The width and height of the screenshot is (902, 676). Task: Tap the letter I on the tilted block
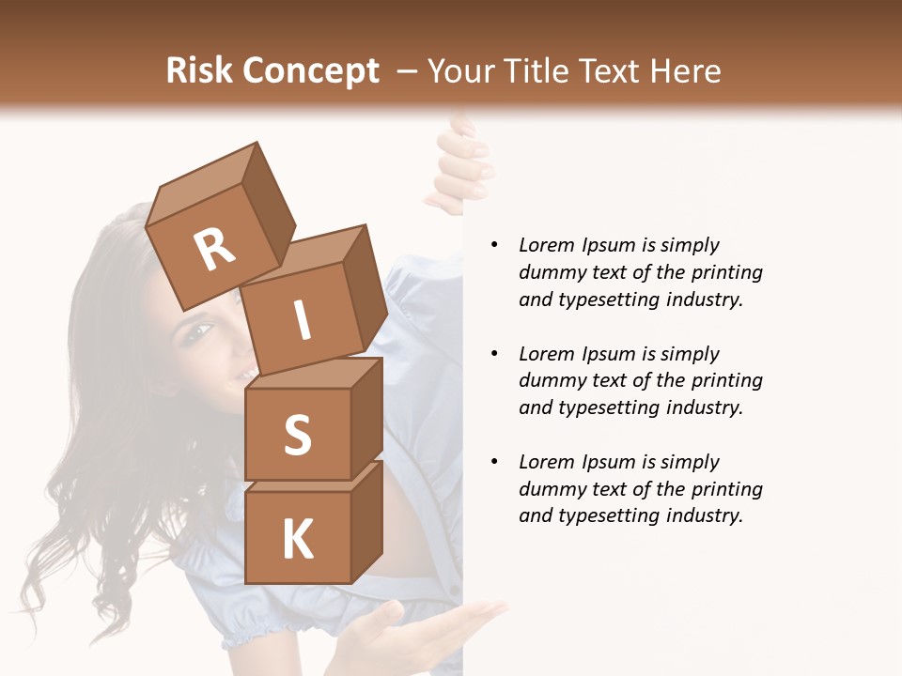pos(302,321)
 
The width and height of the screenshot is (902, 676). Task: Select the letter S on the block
pos(297,436)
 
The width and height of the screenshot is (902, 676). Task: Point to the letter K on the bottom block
pos(297,540)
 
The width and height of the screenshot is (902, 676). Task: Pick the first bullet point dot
pos(494,245)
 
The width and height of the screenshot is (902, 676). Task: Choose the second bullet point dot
pos(494,354)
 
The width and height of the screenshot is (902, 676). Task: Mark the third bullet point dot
pos(494,462)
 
